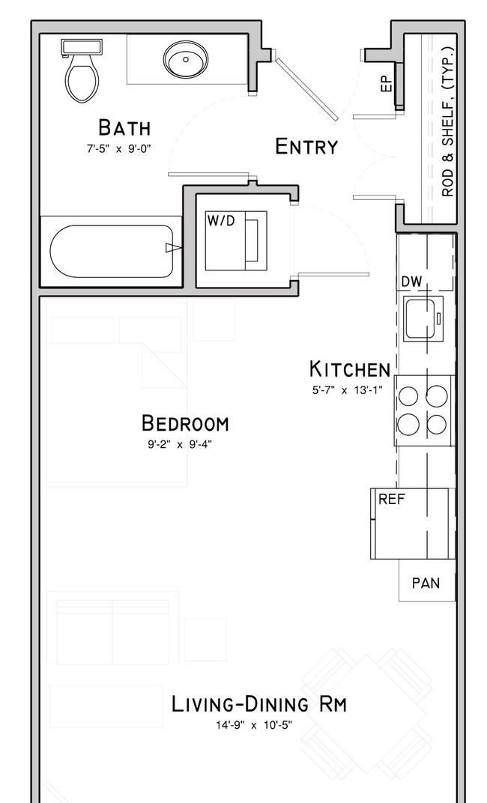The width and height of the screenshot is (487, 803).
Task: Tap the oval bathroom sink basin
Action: (185, 60)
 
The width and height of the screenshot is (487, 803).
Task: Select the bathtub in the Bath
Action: (112, 252)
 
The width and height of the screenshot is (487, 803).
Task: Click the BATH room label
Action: (124, 127)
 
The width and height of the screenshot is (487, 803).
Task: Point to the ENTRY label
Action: (306, 147)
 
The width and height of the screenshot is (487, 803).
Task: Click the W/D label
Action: (221, 221)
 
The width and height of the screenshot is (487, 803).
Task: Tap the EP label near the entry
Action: (387, 83)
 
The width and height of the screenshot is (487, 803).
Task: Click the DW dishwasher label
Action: (411, 281)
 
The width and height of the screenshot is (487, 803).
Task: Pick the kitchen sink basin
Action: (420, 318)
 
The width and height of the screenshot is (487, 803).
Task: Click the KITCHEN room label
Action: (350, 369)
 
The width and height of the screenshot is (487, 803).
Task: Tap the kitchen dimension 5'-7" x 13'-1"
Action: (347, 390)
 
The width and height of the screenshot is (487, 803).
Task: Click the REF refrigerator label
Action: (392, 499)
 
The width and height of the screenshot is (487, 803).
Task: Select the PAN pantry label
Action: (426, 583)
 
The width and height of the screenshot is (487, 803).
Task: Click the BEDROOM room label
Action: (185, 423)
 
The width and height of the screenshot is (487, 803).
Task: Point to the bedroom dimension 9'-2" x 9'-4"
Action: (180, 444)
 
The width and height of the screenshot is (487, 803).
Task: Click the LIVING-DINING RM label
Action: (259, 704)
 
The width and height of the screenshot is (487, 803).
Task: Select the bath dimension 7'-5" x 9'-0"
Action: (119, 149)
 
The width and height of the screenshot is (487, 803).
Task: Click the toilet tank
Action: (82, 46)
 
